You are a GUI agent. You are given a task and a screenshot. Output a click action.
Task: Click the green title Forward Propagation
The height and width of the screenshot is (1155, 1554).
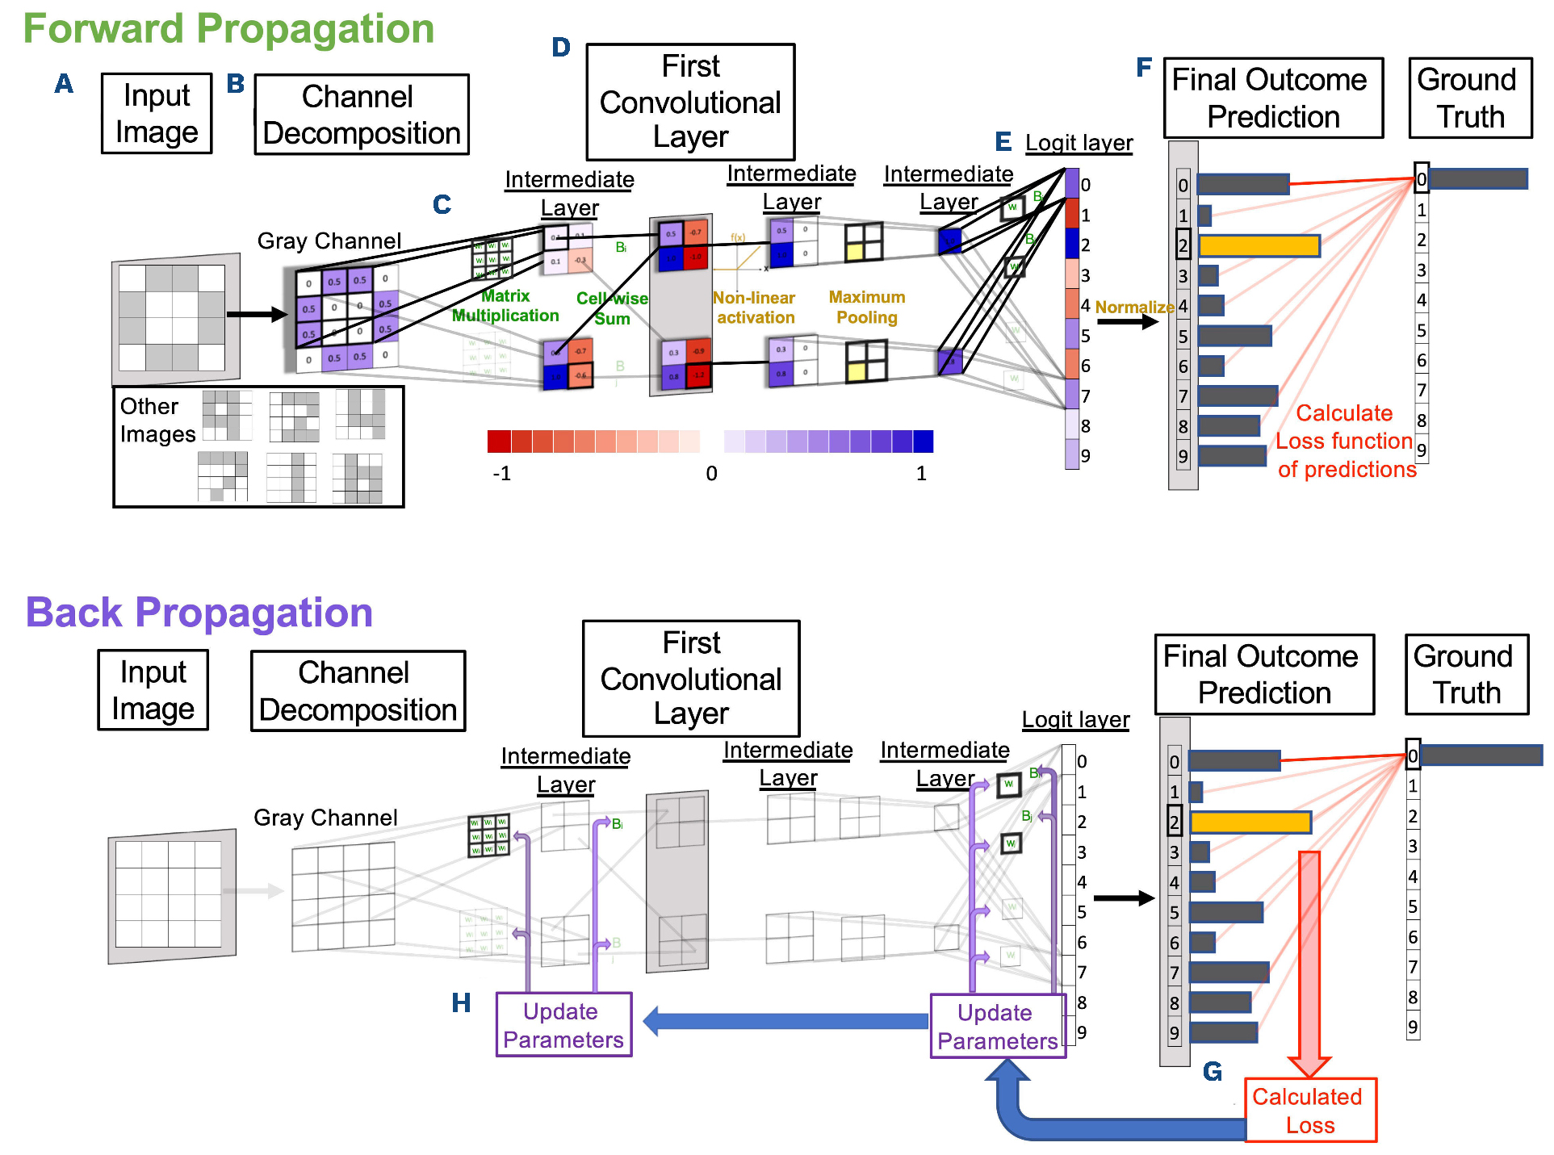(228, 29)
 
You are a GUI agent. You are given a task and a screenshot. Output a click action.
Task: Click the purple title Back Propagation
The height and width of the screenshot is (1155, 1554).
(199, 613)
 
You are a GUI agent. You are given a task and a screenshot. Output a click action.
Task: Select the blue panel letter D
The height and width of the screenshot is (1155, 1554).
(561, 48)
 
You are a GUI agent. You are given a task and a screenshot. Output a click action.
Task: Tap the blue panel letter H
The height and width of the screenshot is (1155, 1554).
(461, 1003)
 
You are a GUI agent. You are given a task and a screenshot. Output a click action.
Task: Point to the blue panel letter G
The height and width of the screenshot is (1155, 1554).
(1212, 1072)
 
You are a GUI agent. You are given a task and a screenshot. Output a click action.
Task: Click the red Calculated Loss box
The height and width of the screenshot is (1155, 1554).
(1309, 1111)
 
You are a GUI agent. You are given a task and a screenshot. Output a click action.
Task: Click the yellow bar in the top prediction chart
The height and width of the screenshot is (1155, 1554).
(1259, 245)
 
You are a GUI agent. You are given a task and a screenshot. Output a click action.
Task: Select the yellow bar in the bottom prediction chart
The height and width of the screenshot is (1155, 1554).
(1250, 822)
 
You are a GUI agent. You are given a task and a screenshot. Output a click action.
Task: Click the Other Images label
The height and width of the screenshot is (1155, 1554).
(157, 421)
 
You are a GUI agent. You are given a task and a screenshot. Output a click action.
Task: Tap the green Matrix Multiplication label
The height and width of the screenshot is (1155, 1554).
(505, 306)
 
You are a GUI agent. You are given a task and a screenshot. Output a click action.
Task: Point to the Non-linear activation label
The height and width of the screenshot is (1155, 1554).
(755, 308)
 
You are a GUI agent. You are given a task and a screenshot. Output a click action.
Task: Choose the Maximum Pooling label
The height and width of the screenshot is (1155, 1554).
(867, 308)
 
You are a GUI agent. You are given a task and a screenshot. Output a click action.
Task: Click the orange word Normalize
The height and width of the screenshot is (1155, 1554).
(1134, 308)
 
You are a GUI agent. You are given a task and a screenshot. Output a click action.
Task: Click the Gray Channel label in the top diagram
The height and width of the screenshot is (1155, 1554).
(329, 241)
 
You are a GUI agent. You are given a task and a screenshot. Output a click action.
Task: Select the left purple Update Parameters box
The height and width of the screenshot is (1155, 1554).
(563, 1025)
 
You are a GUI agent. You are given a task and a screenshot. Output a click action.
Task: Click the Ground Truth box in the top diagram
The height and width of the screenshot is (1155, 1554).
(1470, 98)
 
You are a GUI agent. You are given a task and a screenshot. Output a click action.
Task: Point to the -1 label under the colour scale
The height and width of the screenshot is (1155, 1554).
(501, 474)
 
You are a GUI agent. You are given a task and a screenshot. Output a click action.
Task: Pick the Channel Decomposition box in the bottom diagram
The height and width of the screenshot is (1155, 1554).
(358, 691)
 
